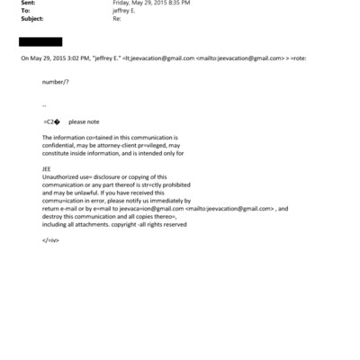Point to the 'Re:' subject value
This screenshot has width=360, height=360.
pyautogui.click(x=116, y=20)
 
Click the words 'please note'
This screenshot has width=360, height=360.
pyautogui.click(x=84, y=121)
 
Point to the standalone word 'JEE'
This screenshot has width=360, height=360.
pyautogui.click(x=48, y=168)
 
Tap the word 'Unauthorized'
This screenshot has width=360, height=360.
pyautogui.click(x=62, y=176)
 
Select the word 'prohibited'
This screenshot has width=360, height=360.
pyautogui.click(x=174, y=184)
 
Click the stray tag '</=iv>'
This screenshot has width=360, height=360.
pyautogui.click(x=50, y=239)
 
